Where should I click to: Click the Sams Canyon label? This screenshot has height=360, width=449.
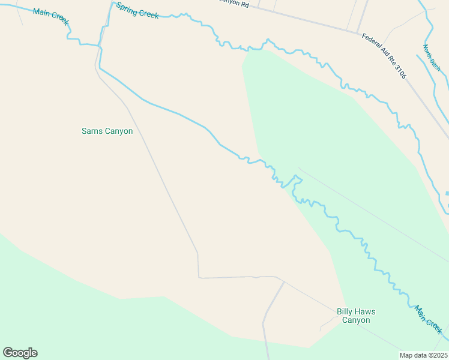coord(107,131)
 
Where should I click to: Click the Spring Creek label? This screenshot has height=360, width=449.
coord(137,10)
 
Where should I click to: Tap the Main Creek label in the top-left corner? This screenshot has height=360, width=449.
coord(52,17)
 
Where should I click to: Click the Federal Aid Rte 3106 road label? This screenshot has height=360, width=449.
coord(384,56)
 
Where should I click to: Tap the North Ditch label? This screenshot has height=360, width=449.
coord(432,58)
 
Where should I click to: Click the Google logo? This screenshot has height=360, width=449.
coord(20,353)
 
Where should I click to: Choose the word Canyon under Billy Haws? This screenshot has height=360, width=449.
coord(356,320)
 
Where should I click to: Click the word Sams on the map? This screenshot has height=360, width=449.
coord(92,131)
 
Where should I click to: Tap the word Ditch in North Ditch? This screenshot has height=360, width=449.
coord(435,64)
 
